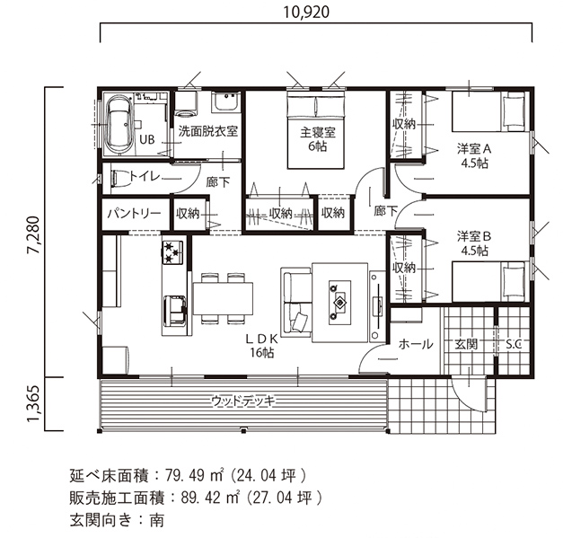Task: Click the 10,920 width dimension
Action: (x=306, y=13)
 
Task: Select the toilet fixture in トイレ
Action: (x=120, y=178)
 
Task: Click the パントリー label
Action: (x=135, y=214)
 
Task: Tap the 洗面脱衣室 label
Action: (x=208, y=131)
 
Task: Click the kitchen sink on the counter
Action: (x=174, y=311)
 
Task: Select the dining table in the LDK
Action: (x=223, y=298)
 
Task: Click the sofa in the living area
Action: (x=295, y=302)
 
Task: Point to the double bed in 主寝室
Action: (x=316, y=129)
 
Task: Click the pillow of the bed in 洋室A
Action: (x=514, y=111)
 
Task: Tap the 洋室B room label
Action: (x=474, y=237)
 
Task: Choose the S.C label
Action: (x=514, y=345)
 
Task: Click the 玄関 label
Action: (x=466, y=344)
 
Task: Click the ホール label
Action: (x=416, y=344)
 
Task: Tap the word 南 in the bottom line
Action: (x=156, y=520)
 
